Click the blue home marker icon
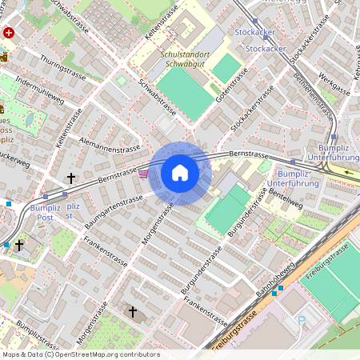coord(180,173)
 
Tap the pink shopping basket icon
coord(143,173)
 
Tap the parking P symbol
coord(302,322)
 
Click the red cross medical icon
coord(9,33)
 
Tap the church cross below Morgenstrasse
coord(133,310)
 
